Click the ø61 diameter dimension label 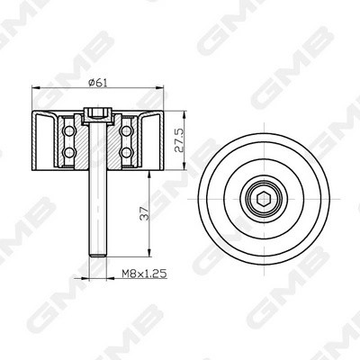(100, 83)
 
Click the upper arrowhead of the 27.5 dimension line (188, 115)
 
